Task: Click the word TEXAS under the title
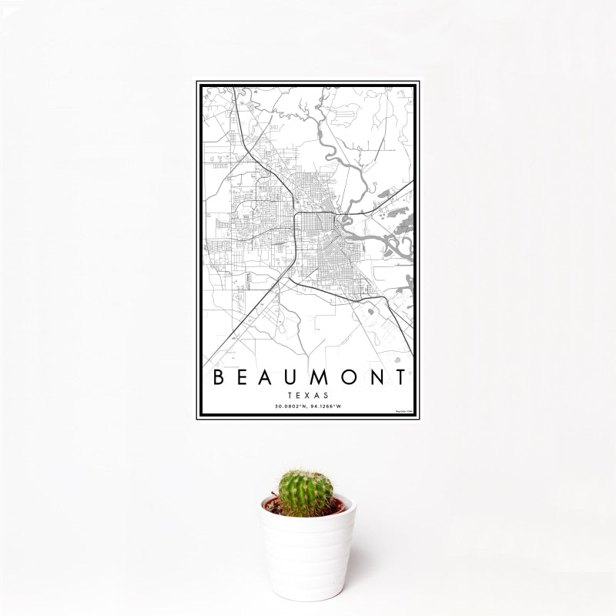click(x=308, y=394)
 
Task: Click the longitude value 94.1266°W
click(x=326, y=407)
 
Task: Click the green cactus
click(x=305, y=491)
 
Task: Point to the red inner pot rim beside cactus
click(x=270, y=505)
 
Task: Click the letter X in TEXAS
click(x=308, y=394)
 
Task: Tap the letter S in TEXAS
click(x=325, y=394)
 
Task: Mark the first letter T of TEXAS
click(x=291, y=394)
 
